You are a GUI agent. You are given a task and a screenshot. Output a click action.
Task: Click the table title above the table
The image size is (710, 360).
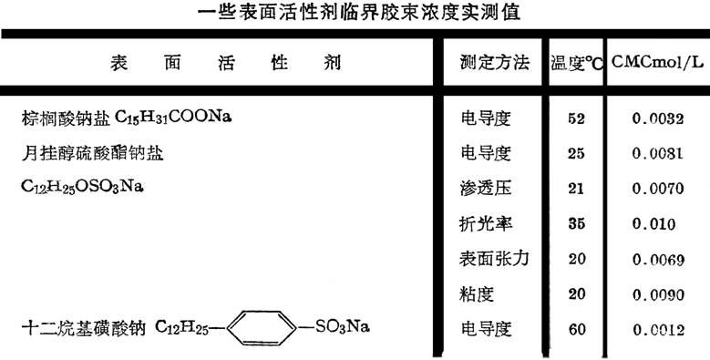(354, 12)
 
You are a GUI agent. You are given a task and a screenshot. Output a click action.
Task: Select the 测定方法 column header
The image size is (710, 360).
(495, 64)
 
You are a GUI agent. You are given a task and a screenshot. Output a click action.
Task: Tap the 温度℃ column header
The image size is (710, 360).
(577, 65)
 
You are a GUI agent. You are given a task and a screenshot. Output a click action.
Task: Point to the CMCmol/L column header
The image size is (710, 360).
(655, 64)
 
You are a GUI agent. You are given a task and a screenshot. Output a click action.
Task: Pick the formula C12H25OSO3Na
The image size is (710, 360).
(83, 188)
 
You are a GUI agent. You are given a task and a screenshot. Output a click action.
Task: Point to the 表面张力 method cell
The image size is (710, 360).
(494, 258)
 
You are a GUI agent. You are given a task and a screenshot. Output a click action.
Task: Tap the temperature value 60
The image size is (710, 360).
(576, 328)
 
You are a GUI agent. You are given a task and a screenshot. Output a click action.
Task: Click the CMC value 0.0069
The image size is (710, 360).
(657, 259)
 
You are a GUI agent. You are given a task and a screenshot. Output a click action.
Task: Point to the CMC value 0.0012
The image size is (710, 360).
(657, 328)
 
